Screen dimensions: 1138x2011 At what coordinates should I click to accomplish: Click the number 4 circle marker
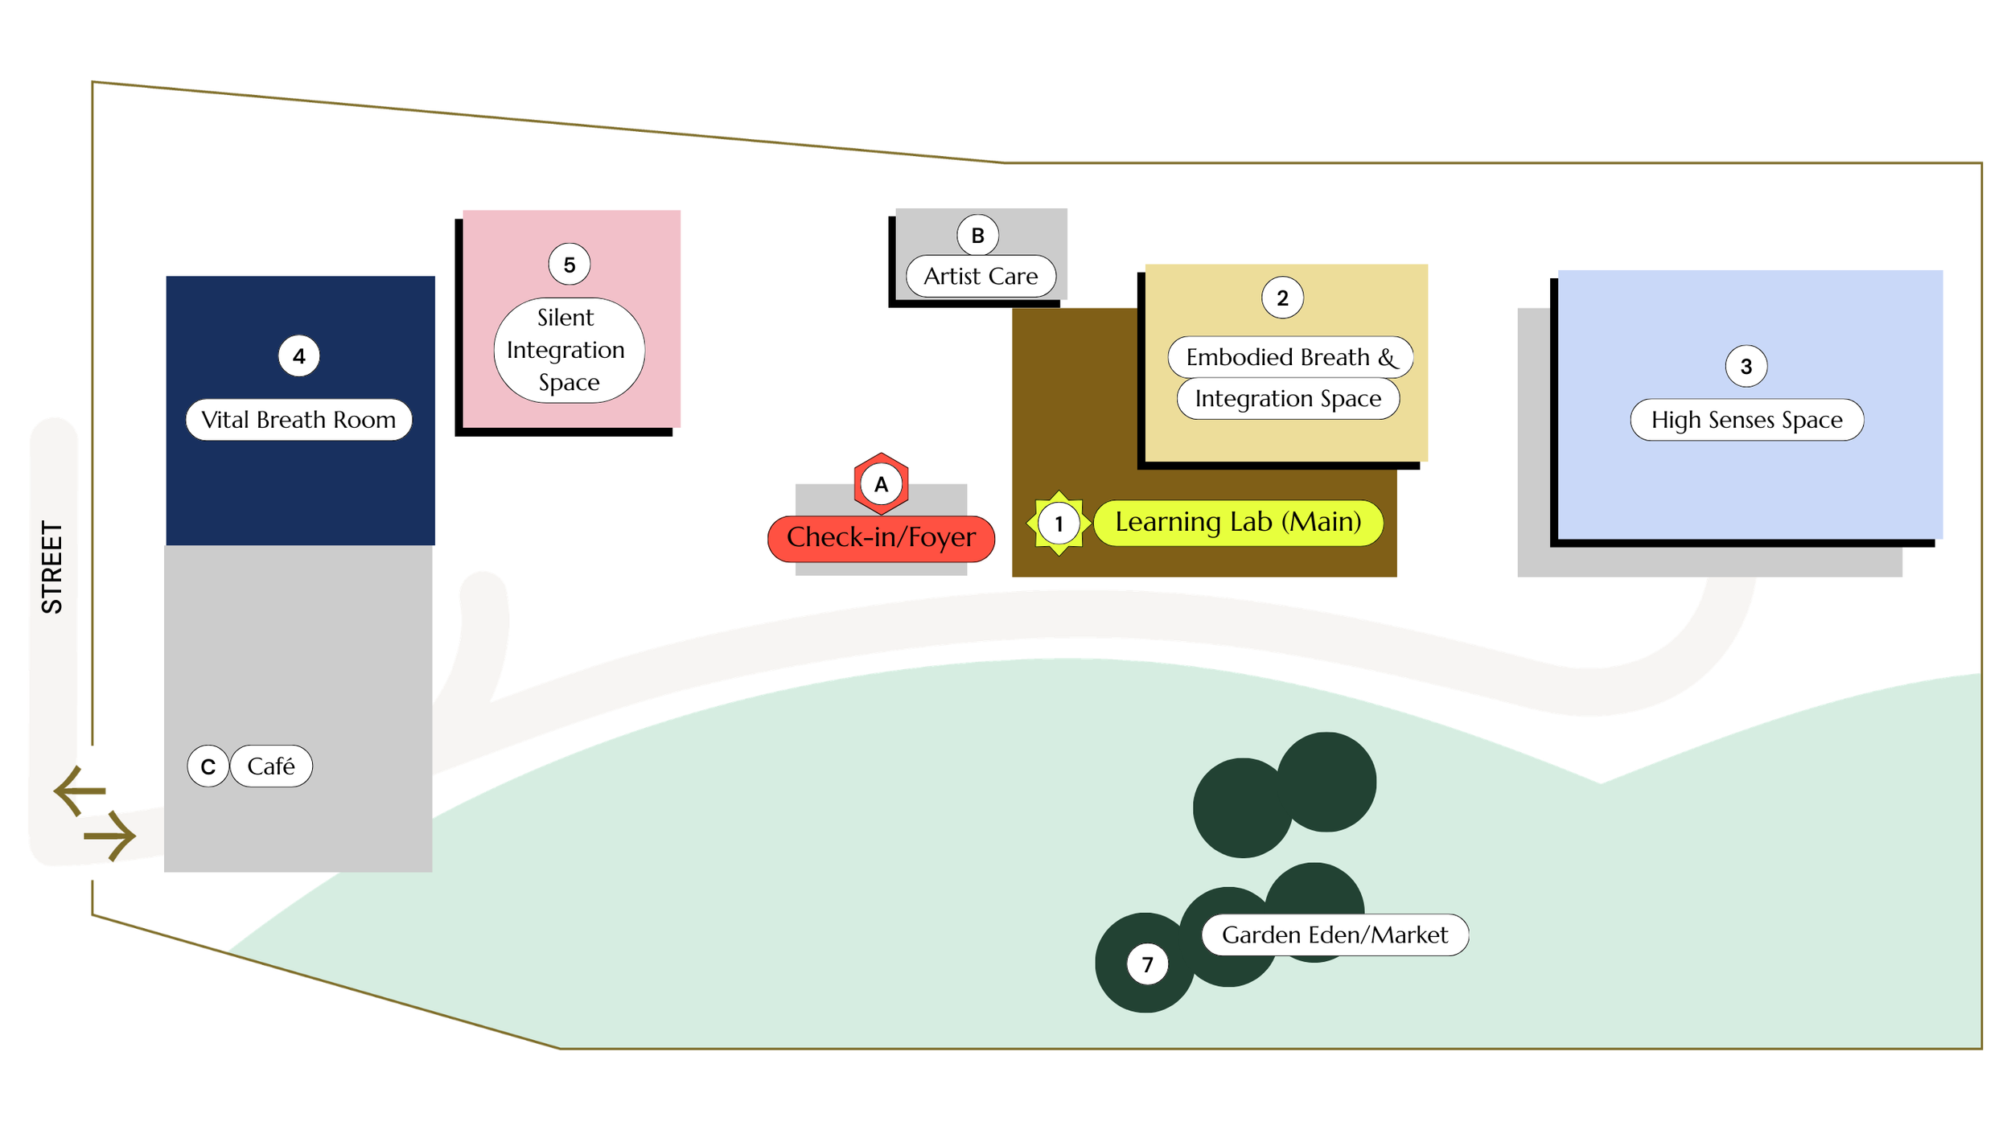click(299, 356)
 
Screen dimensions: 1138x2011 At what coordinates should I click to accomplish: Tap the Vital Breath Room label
click(299, 420)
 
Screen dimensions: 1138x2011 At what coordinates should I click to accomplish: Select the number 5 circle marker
click(570, 265)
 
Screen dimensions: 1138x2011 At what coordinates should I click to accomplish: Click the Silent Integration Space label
click(570, 350)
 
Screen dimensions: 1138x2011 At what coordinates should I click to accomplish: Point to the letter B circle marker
click(978, 236)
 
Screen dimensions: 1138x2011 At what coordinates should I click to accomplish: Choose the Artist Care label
click(981, 276)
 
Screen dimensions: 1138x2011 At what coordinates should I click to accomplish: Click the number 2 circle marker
click(1282, 298)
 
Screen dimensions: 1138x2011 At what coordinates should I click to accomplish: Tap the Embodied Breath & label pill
click(1290, 357)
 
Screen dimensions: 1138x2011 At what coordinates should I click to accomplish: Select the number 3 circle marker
click(1746, 367)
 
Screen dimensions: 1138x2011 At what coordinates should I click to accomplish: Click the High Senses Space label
click(1747, 420)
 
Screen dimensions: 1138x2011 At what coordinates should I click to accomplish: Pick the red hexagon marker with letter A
click(882, 484)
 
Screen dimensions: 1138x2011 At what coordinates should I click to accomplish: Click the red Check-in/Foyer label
click(882, 538)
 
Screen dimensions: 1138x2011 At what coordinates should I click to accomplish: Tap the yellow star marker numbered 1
click(1059, 524)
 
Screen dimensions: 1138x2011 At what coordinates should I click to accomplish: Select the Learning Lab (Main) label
click(1239, 523)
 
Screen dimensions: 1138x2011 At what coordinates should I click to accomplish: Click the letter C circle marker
click(208, 766)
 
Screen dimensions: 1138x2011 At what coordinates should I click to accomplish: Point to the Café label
click(272, 766)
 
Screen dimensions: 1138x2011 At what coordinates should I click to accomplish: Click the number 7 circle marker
click(1148, 964)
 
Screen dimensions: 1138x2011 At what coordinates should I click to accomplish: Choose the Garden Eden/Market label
click(1335, 935)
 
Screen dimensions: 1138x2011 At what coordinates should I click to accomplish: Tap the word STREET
click(51, 568)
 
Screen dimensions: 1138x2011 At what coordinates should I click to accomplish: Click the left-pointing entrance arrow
click(80, 791)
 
